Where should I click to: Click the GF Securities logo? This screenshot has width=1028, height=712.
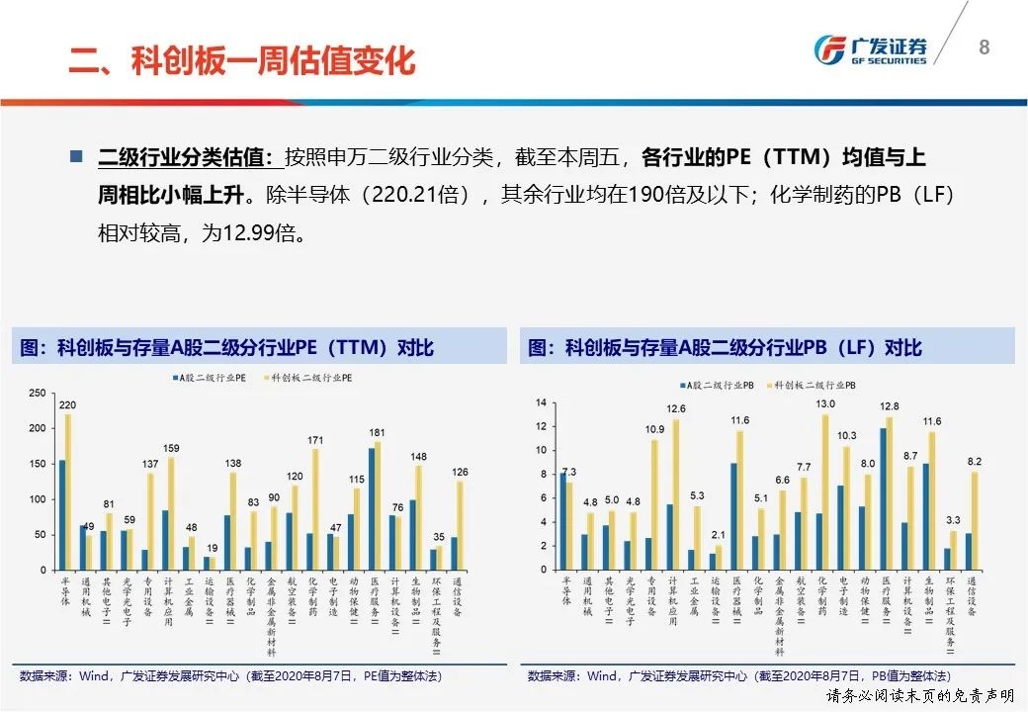(x=870, y=49)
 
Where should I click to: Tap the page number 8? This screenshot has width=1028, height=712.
(x=984, y=46)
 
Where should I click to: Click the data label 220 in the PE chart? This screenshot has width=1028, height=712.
(x=67, y=404)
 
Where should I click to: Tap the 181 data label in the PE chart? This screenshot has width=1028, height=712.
(x=377, y=432)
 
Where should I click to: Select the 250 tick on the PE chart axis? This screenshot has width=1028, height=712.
(x=37, y=394)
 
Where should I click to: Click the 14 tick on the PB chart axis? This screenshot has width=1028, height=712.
(x=542, y=402)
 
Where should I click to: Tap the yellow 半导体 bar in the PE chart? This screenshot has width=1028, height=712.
(x=68, y=491)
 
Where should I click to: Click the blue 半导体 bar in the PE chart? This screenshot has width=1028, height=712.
(x=61, y=514)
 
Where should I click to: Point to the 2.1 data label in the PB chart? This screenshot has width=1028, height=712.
(x=719, y=535)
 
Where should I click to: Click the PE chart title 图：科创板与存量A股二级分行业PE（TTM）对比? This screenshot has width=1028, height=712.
(x=226, y=348)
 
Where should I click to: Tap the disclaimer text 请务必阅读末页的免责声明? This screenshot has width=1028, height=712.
(x=918, y=696)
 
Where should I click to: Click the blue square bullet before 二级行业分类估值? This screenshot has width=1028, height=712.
(x=76, y=157)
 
